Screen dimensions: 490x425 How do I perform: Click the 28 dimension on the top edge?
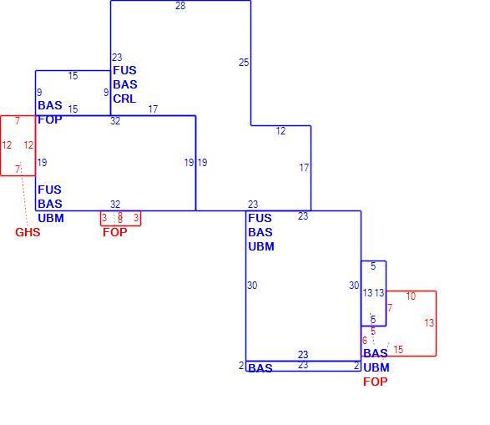(x=180, y=6)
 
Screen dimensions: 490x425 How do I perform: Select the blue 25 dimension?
(x=244, y=63)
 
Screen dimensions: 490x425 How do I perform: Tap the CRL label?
(x=124, y=99)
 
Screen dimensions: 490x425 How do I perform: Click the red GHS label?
(x=28, y=232)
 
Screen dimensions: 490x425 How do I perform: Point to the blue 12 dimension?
(x=280, y=131)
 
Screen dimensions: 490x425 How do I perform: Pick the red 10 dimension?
(x=411, y=296)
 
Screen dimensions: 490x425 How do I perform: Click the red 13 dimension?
(x=429, y=323)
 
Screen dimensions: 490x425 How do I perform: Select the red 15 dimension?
(x=398, y=349)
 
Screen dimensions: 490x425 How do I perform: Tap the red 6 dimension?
(x=365, y=341)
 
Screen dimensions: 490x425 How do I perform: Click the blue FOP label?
(x=50, y=119)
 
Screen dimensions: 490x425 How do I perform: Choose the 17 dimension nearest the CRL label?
(x=153, y=109)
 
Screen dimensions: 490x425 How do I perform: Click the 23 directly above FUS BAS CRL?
(x=117, y=58)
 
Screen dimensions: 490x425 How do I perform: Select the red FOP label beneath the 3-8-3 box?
(x=114, y=232)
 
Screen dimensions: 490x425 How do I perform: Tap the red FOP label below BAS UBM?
(x=375, y=382)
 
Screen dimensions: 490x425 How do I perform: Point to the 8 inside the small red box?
(x=120, y=217)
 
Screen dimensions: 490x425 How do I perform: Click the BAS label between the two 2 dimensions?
(x=260, y=368)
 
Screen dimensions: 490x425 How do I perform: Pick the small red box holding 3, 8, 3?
(x=121, y=225)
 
